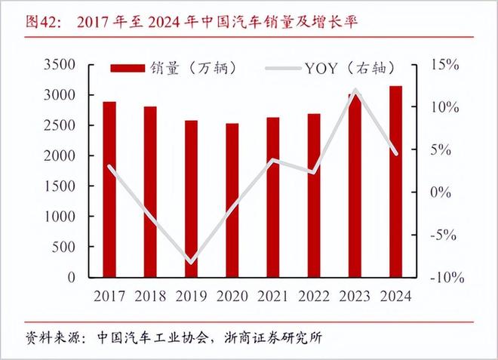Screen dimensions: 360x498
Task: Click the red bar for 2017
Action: click(x=109, y=189)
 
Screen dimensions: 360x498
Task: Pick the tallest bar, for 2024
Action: click(x=395, y=181)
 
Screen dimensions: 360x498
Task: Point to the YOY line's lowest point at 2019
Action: click(x=192, y=263)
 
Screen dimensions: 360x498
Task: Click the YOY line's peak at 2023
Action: click(x=355, y=91)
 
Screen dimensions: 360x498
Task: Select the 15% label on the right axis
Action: click(x=444, y=65)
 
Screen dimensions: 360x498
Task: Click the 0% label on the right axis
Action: click(x=444, y=192)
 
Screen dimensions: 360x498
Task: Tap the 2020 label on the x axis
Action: click(x=232, y=296)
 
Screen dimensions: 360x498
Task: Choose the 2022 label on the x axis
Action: click(x=313, y=296)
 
